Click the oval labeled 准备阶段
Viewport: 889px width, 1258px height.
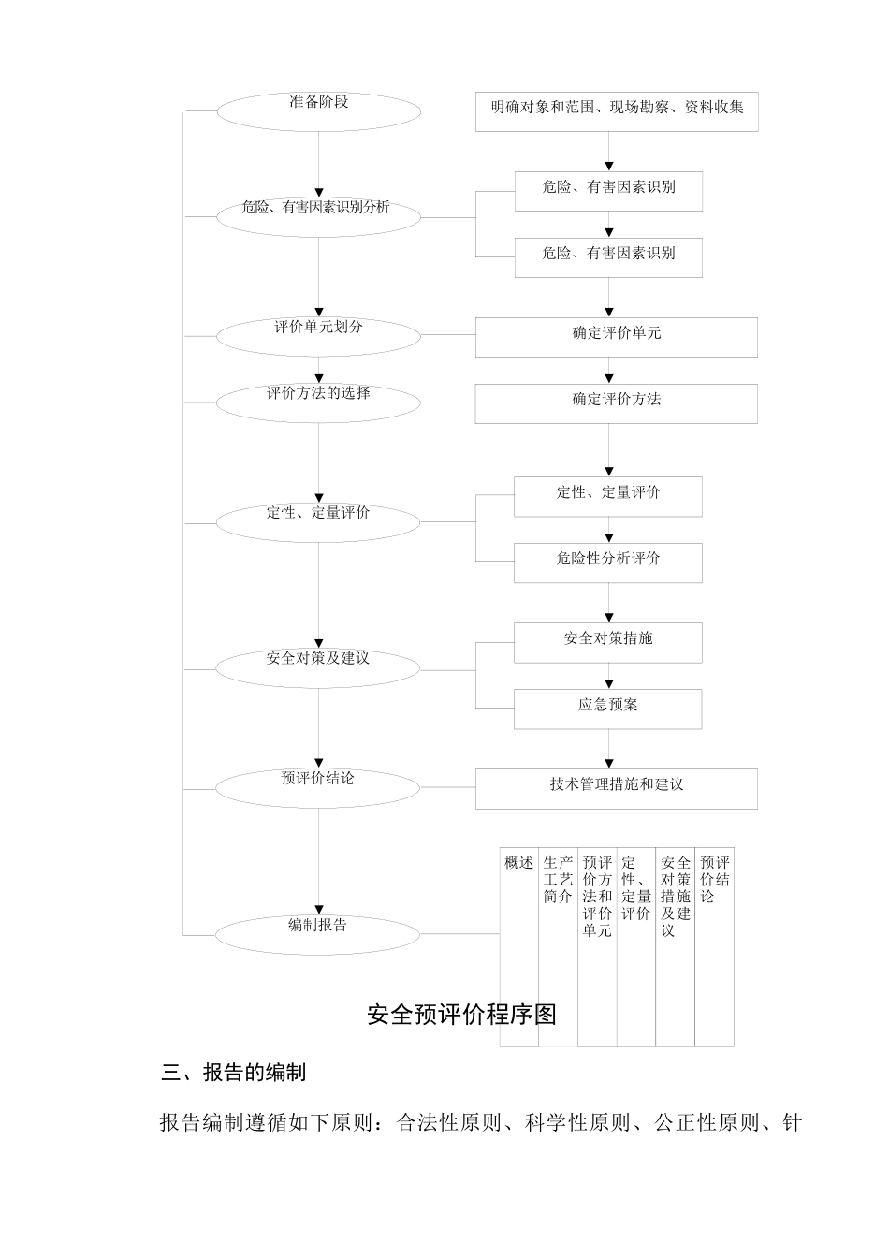(318, 111)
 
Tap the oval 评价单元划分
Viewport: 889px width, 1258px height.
(318, 336)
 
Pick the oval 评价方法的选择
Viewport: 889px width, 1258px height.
(318, 402)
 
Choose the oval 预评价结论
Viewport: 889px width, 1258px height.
(318, 787)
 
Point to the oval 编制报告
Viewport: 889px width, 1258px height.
(318, 933)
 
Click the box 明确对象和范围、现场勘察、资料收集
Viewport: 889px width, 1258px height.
(617, 111)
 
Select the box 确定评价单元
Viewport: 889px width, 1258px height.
(617, 337)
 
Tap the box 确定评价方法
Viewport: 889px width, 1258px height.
(617, 403)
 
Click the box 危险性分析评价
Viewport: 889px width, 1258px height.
(608, 563)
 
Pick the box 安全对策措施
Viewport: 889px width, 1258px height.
(608, 642)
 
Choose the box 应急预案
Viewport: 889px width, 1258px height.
(608, 709)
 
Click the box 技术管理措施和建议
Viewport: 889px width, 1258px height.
(617, 789)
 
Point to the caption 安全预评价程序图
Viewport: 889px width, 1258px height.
(462, 1015)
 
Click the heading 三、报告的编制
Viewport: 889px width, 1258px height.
(234, 1073)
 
